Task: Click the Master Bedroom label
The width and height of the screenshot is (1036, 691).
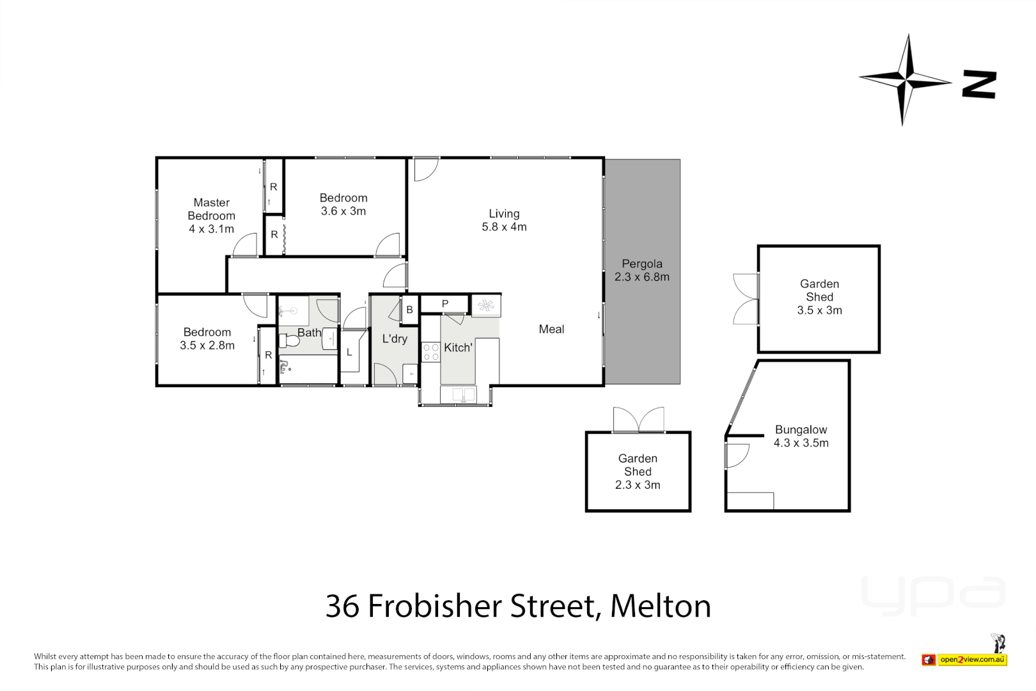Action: point(211,216)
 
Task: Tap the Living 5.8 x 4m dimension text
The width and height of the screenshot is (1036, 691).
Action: point(504,227)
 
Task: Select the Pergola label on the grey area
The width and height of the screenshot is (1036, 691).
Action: point(642,264)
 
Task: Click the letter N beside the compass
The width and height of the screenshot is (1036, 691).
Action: point(979,85)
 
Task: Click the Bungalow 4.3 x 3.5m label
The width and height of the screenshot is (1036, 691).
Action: point(801,436)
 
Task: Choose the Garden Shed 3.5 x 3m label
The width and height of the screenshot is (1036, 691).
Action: point(819,297)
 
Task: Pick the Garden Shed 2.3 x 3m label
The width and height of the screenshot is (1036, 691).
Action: point(638,472)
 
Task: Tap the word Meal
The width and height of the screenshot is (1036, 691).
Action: point(551,329)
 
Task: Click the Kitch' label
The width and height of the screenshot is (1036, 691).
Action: point(458,347)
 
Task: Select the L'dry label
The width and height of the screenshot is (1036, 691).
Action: point(395,338)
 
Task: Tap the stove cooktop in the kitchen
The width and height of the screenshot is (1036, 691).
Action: point(430,353)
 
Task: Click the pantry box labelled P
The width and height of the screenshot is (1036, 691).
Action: point(445,304)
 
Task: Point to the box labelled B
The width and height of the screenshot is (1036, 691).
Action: point(409,310)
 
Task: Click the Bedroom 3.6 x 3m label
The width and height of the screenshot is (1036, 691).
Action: point(343,205)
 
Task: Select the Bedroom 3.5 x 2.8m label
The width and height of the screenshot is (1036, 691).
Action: point(207,338)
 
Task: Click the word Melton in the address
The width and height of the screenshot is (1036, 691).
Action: point(660,606)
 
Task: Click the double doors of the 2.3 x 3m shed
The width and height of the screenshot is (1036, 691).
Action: point(638,420)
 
